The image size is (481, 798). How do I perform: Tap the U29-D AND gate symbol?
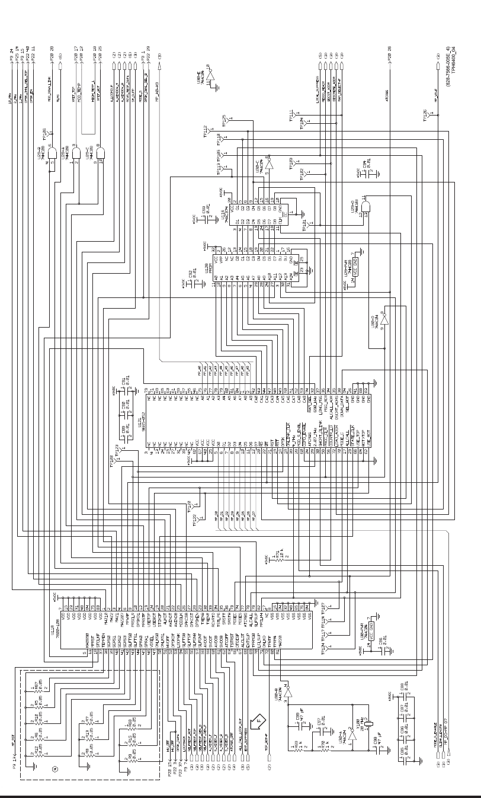pos(365,206)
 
